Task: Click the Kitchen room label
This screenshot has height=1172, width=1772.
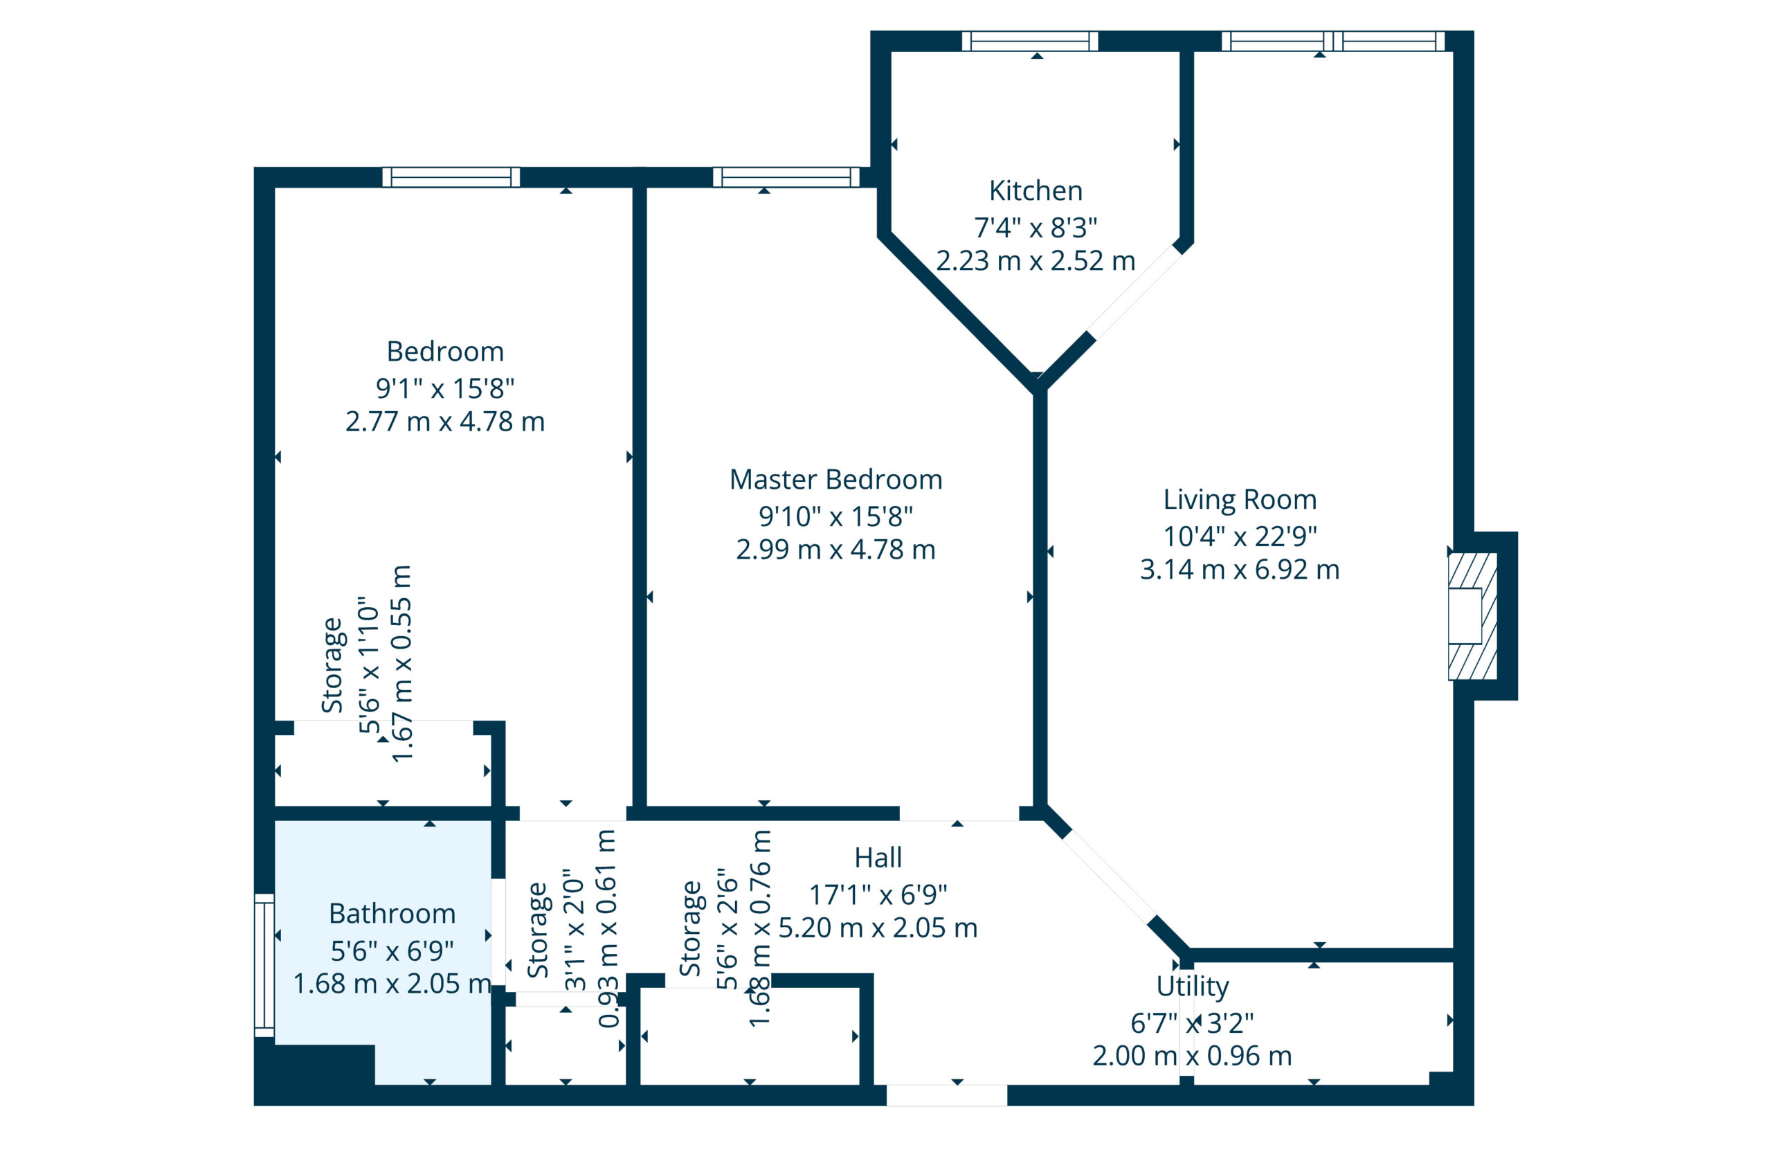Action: point(1035,191)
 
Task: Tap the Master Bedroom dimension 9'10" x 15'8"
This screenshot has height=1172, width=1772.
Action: point(835,516)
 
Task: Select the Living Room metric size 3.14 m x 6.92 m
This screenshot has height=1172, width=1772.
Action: point(1239,570)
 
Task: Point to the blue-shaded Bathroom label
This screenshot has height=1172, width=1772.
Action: point(392,914)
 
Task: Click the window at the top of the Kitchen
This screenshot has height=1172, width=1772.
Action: point(1029,41)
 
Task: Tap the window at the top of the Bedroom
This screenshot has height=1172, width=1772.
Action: point(451,178)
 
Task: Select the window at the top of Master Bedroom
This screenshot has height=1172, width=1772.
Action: point(786,178)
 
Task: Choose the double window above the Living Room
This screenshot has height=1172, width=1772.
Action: point(1332,41)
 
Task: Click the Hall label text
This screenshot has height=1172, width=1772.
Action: point(878,858)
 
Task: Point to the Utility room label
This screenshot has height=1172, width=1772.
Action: point(1192,986)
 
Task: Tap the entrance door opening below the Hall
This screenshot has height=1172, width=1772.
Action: point(946,1096)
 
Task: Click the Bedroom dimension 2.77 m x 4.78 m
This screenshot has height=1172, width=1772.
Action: point(444,422)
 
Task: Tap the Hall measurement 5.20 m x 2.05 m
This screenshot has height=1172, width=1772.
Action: point(878,928)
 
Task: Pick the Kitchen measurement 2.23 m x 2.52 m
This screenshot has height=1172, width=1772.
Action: point(1035,262)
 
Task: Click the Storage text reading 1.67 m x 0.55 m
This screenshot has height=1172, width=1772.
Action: point(402,664)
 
